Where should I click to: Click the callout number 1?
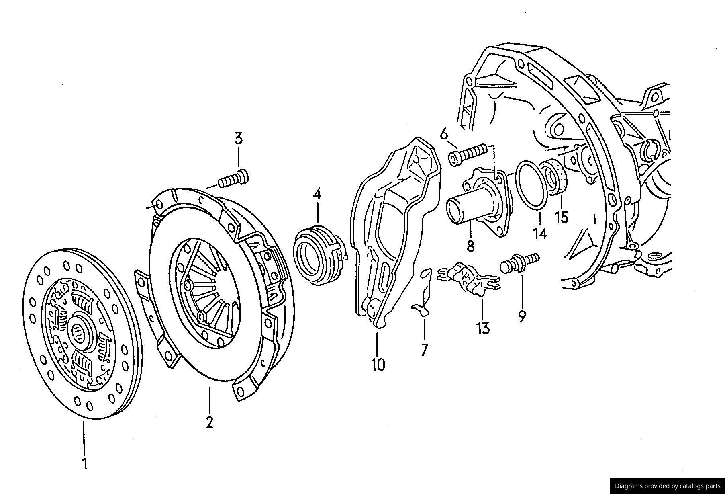pyautogui.click(x=85, y=463)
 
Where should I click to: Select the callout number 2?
pyautogui.click(x=209, y=422)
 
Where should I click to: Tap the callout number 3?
pyautogui.click(x=239, y=139)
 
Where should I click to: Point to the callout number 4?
pyautogui.click(x=317, y=195)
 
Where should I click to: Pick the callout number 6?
pyautogui.click(x=444, y=134)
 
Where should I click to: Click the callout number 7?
pyautogui.click(x=425, y=349)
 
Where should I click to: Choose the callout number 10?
pyautogui.click(x=378, y=365)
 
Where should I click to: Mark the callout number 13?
pyautogui.click(x=484, y=328)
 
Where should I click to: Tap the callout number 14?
pyautogui.click(x=540, y=233)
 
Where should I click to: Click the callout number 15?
pyautogui.click(x=562, y=217)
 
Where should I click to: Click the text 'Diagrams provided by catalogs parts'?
pyautogui.click(x=668, y=486)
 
